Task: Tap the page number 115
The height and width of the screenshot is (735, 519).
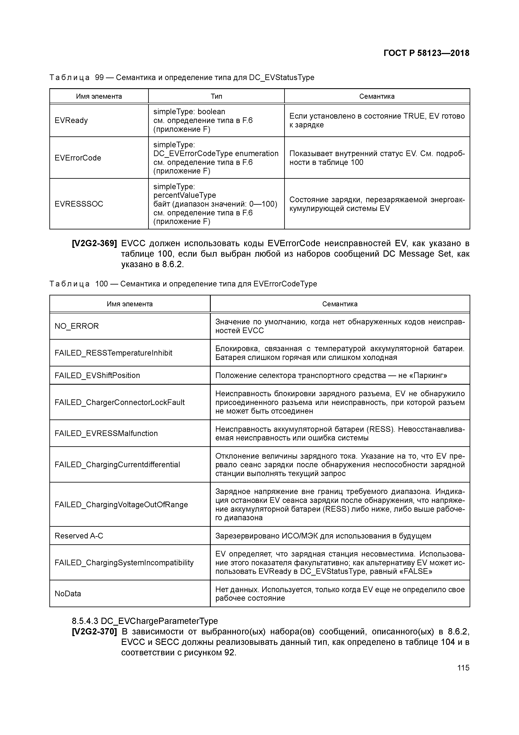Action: [463, 668]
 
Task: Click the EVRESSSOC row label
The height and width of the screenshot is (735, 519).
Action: [79, 204]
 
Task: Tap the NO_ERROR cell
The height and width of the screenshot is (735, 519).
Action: [77, 326]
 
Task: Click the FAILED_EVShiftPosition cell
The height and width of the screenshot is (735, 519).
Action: [97, 375]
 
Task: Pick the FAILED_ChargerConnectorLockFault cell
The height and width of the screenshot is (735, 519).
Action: [119, 402]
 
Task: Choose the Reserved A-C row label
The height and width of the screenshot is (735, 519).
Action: [79, 536]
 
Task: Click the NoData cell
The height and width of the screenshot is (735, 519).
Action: [68, 594]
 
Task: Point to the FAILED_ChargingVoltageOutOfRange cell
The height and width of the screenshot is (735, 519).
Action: [121, 505]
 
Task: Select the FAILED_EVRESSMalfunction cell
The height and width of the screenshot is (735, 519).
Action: [106, 433]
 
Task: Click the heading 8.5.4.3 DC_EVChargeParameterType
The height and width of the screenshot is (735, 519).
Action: [145, 621]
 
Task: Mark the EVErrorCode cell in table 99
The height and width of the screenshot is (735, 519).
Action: [78, 158]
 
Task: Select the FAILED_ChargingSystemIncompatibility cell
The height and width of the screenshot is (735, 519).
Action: [124, 563]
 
